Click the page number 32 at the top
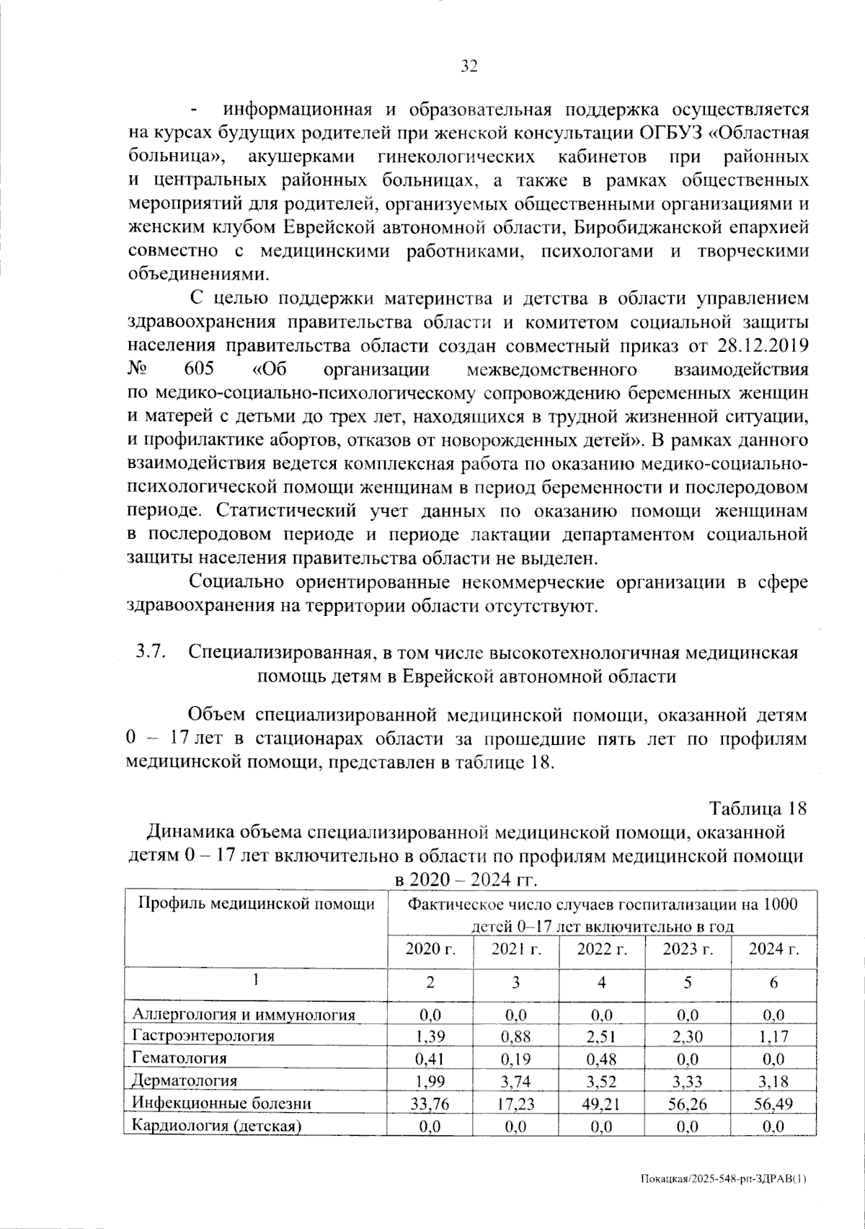click(469, 67)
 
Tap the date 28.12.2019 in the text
click(764, 346)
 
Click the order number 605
click(200, 369)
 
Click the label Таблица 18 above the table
click(757, 809)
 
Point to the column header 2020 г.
click(430, 949)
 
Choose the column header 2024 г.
click(773, 949)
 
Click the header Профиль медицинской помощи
click(256, 904)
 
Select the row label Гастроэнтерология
click(203, 1036)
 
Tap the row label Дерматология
click(185, 1080)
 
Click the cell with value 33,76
click(430, 1104)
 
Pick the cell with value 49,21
click(602, 1104)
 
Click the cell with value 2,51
click(602, 1037)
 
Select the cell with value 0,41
click(430, 1059)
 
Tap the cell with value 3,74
click(516, 1081)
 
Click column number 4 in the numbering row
click(602, 982)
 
